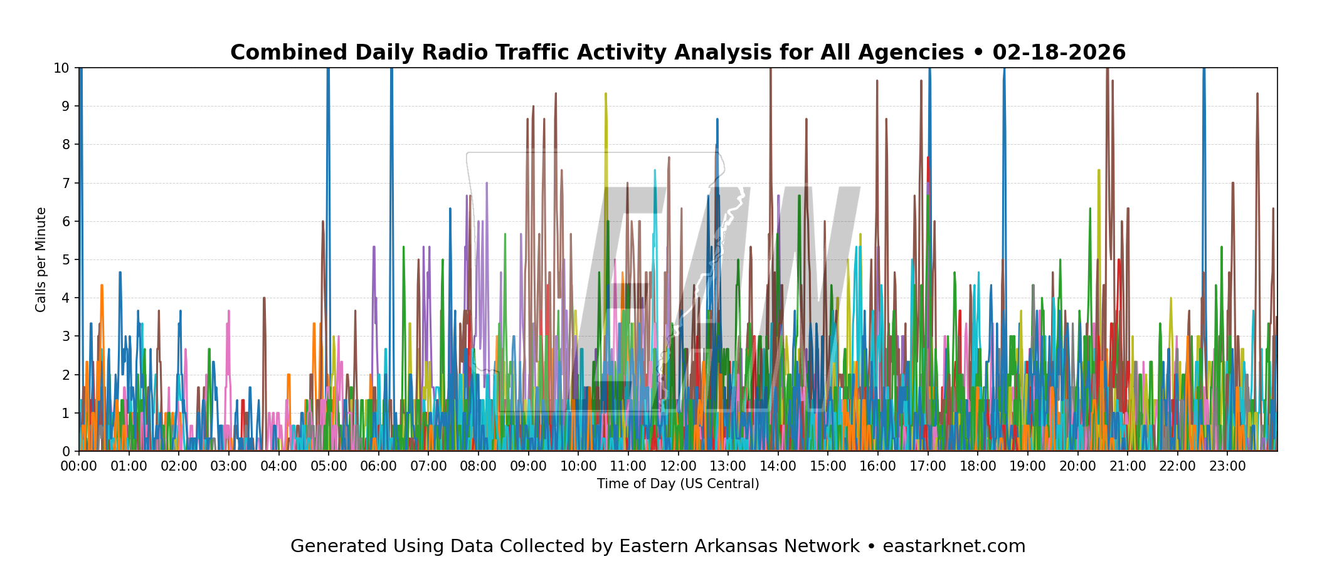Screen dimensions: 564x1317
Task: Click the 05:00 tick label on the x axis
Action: click(x=328, y=467)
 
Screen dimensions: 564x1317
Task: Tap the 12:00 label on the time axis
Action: click(x=678, y=467)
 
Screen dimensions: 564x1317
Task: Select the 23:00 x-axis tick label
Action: click(x=1227, y=467)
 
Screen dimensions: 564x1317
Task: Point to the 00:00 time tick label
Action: click(x=79, y=467)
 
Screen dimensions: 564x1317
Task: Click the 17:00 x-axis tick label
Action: click(x=928, y=467)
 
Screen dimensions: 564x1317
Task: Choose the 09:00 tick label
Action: click(x=528, y=467)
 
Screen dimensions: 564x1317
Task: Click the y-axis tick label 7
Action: click(x=65, y=183)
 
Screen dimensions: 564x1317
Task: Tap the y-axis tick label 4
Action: click(x=65, y=298)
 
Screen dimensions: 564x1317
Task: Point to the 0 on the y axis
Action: click(x=65, y=451)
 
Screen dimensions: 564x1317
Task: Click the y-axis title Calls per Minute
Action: click(x=41, y=259)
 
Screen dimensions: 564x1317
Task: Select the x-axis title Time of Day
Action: click(x=678, y=484)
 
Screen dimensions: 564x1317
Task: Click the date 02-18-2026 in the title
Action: click(x=1059, y=53)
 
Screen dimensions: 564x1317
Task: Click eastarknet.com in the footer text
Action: click(x=954, y=546)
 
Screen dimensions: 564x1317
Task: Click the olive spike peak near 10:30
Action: click(x=606, y=94)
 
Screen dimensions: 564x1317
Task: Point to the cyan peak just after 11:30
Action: click(x=655, y=170)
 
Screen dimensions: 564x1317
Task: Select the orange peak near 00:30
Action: click(x=102, y=286)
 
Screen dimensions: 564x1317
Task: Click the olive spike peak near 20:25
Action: click(x=1099, y=170)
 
